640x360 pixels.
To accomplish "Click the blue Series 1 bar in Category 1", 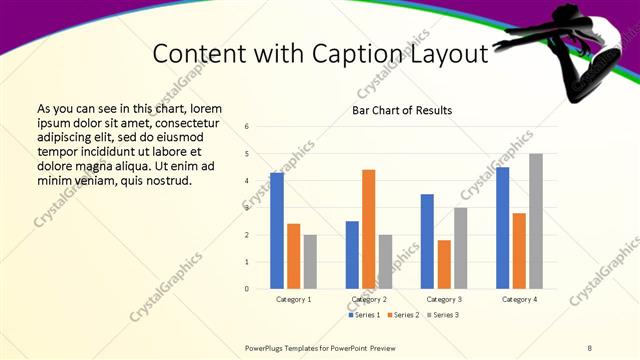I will pyautogui.click(x=277, y=231).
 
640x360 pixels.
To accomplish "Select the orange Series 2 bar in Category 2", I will pyautogui.click(x=368, y=229).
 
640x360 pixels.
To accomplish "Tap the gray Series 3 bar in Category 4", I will pyautogui.click(x=536, y=221).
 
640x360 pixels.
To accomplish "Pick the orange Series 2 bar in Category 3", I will pyautogui.click(x=444, y=265).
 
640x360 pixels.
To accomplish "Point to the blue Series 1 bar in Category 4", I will pyautogui.click(x=502, y=228).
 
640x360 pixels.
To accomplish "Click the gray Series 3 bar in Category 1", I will pyautogui.click(x=310, y=262).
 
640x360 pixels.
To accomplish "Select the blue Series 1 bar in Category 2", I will pyautogui.click(x=352, y=255).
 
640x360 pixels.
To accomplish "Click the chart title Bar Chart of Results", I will pyautogui.click(x=402, y=110).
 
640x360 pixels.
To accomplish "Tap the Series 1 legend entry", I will pyautogui.click(x=365, y=315).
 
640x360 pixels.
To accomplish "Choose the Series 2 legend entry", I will pyautogui.click(x=404, y=315).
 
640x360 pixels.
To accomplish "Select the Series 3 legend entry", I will pyautogui.click(x=443, y=315).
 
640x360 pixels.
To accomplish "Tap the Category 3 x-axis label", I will pyautogui.click(x=444, y=299).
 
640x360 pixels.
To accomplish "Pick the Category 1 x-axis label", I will pyautogui.click(x=294, y=299).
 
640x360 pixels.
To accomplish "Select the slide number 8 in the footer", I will pyautogui.click(x=590, y=348).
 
